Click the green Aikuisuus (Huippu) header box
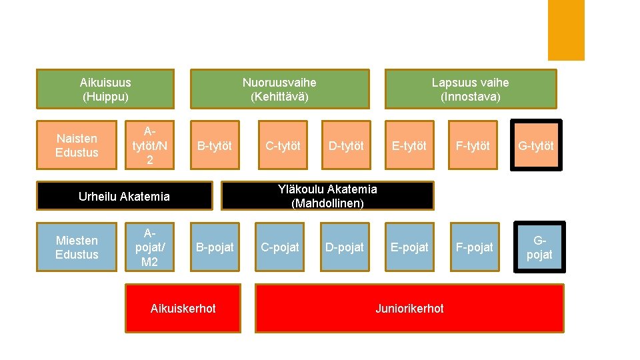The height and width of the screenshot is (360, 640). [105, 89]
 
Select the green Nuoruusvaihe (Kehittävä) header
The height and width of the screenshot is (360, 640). [279, 89]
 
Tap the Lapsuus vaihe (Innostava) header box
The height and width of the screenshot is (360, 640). [470, 89]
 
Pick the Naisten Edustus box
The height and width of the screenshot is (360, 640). [77, 145]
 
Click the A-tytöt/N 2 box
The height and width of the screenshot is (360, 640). [149, 145]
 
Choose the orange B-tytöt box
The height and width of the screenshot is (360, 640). [215, 145]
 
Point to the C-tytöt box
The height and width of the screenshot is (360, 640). [283, 145]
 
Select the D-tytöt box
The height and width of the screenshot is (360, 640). [346, 145]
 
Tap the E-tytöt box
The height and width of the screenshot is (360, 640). [409, 145]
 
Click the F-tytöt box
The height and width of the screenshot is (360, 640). [473, 145]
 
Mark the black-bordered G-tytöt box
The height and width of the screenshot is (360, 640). [537, 145]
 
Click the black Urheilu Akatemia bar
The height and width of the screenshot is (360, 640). [124, 196]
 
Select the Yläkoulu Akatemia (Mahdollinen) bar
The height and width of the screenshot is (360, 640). [327, 196]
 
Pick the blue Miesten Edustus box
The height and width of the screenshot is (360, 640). [77, 247]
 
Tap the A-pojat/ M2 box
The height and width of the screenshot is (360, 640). [149, 247]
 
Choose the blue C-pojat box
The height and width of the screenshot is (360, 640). [280, 247]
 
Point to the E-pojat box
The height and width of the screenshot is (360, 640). [409, 247]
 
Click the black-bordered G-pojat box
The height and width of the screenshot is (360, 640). [539, 247]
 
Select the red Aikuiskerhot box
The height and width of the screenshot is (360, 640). [183, 308]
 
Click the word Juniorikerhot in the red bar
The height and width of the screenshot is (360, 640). [409, 308]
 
